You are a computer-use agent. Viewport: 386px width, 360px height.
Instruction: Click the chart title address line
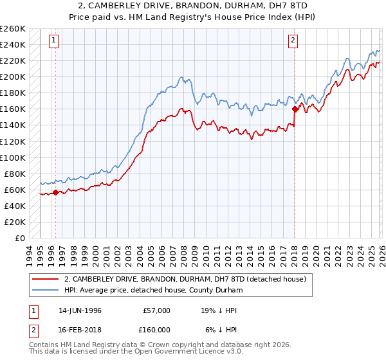(193, 6)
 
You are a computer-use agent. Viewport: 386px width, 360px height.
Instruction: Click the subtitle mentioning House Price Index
(193, 16)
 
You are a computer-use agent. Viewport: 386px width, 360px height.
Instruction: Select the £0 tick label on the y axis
(20, 238)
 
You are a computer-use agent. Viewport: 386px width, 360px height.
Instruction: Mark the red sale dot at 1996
(56, 192)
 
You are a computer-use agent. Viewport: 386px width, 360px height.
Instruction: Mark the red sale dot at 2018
(294, 109)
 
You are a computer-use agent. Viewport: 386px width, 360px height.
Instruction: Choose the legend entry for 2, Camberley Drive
(188, 279)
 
